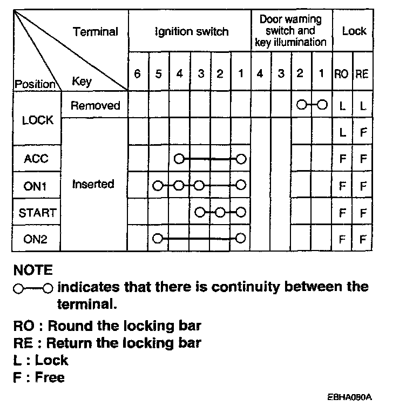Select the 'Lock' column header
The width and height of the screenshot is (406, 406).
coord(354,31)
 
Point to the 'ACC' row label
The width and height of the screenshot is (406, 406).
coord(36,159)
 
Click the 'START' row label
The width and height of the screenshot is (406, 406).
coord(37,213)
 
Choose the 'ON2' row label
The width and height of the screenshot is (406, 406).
coord(36,239)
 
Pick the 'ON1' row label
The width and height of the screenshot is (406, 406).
coord(36,186)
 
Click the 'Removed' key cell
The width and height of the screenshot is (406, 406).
coord(95,105)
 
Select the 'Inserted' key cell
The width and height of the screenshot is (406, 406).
coord(93,184)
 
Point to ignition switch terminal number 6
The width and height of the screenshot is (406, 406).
coord(137,74)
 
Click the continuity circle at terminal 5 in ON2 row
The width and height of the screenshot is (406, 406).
coord(158,238)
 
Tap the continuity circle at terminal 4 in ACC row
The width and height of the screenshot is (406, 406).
coord(179,159)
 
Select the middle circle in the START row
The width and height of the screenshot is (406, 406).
coord(220,212)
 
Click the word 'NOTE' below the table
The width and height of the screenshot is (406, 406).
coord(33,269)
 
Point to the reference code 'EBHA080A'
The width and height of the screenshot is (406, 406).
coord(350,396)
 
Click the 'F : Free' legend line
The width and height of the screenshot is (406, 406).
coord(39,377)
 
